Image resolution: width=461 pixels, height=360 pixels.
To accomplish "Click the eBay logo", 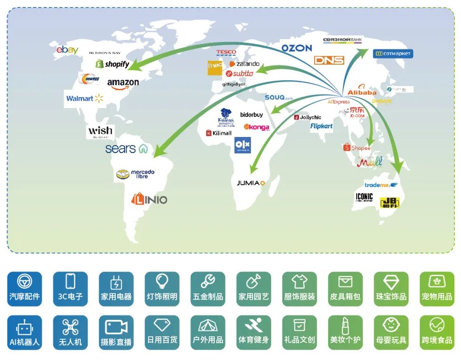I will coord(67,50).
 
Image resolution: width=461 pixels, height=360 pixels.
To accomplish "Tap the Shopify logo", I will coord(112,64).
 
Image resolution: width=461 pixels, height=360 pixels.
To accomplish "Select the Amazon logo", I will coord(123,84).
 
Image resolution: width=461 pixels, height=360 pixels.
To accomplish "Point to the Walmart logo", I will coord(85,98).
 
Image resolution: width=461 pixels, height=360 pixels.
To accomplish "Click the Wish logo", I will coord(100,131).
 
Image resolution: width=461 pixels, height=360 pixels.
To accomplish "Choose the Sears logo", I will coord(126,149).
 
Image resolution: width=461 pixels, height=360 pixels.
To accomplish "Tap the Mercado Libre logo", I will coord(136,174).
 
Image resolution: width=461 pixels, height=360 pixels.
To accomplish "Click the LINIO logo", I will coord(149,199).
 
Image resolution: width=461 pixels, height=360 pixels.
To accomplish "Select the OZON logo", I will coord(297,48).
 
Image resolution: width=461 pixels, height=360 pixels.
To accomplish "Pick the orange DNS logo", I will coord(329,60).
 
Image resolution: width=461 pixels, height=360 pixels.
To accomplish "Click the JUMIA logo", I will coord(251,183).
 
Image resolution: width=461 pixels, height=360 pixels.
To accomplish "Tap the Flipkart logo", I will coord(322,126).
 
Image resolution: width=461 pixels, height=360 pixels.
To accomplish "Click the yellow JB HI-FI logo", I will coord(390,202).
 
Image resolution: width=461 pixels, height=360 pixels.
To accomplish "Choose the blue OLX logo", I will coord(242,145).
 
